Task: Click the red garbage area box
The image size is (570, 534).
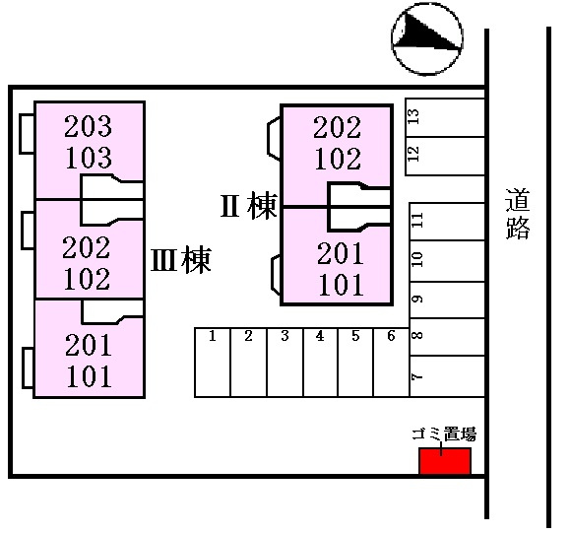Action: [445, 461]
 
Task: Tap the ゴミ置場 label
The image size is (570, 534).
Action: [444, 434]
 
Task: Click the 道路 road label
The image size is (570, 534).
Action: [518, 213]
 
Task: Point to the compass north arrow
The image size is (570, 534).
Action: [427, 38]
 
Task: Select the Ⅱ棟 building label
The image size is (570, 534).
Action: [249, 206]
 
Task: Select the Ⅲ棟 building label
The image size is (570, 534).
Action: [181, 260]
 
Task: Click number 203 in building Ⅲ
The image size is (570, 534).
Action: [88, 126]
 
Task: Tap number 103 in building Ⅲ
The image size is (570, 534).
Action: [89, 158]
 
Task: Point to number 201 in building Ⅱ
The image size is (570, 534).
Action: [341, 253]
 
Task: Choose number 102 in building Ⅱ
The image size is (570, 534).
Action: [338, 159]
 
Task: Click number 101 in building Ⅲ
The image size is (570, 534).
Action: [89, 376]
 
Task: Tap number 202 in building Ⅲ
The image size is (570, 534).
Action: [87, 247]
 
